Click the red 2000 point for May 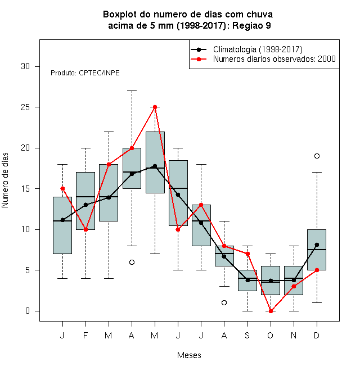point(155,107)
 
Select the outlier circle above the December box point(317,156)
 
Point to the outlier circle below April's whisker point(132,262)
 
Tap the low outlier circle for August point(224,302)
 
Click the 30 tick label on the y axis point(25,66)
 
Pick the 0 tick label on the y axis point(28,311)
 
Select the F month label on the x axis point(85,335)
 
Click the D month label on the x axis point(317,335)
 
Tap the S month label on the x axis point(247,335)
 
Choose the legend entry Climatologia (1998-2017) point(258,49)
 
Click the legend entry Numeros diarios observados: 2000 point(274,59)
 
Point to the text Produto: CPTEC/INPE point(85,73)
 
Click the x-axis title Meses point(189,355)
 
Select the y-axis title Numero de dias point(5,180)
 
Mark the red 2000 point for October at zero point(271,311)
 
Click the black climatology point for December point(317,245)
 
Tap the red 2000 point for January point(62,188)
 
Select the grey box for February point(85,201)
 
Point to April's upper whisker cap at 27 point(132,91)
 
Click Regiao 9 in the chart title point(251,25)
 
